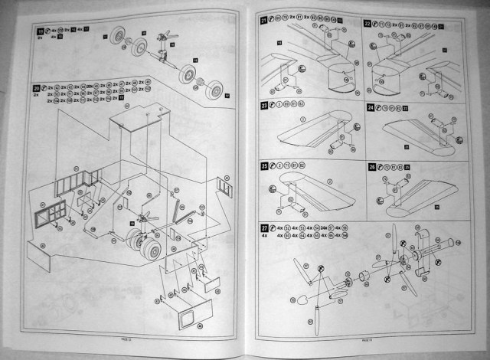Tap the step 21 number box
pos(264,19)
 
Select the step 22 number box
pos(367,24)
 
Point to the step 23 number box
pos(264,105)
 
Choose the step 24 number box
pos(371,107)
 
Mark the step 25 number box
pos(264,165)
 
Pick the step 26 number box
pos(371,166)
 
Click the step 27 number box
pos(264,226)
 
